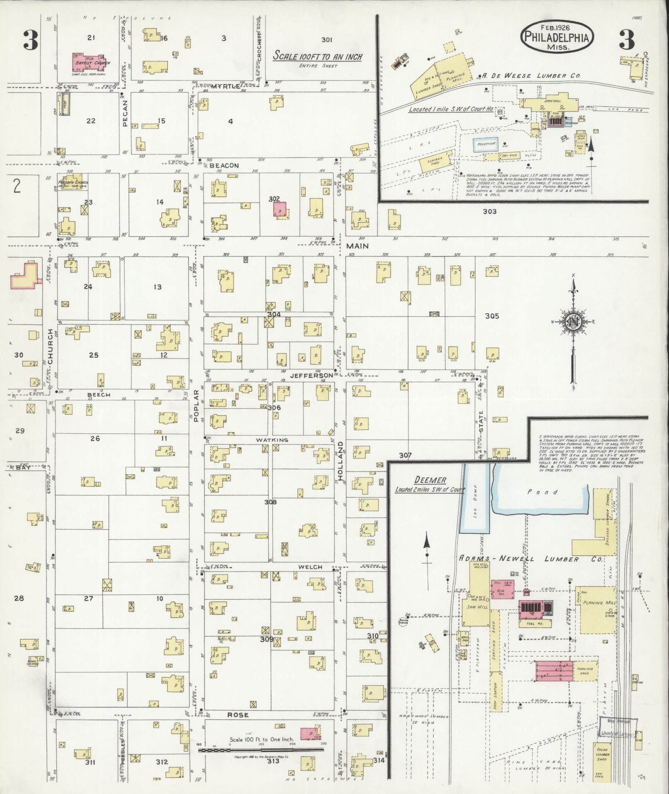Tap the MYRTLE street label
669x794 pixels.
[x=225, y=86]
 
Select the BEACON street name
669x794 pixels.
[x=224, y=166]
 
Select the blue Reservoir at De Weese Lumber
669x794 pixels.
[x=486, y=144]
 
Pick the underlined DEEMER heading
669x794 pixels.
[x=431, y=480]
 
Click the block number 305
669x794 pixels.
[x=492, y=316]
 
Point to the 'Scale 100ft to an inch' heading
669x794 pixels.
[x=317, y=56]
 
